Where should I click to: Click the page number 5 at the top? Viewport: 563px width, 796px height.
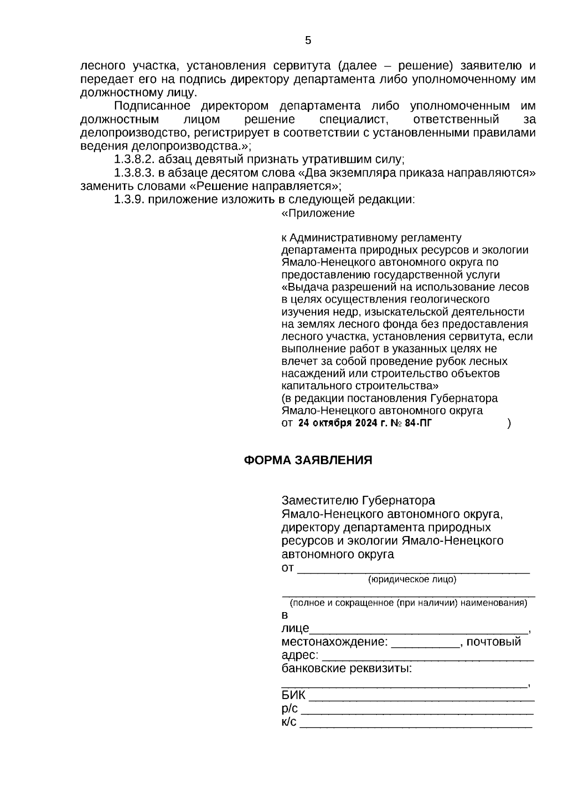308,40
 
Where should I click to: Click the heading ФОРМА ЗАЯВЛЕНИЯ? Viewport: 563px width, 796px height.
308,460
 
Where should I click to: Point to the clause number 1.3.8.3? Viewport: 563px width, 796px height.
135,173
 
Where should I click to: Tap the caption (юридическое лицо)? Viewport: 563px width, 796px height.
412,579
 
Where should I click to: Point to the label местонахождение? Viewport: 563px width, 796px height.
335,642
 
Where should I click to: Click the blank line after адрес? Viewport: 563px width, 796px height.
428,655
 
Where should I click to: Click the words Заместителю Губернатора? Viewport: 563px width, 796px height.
358,500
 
